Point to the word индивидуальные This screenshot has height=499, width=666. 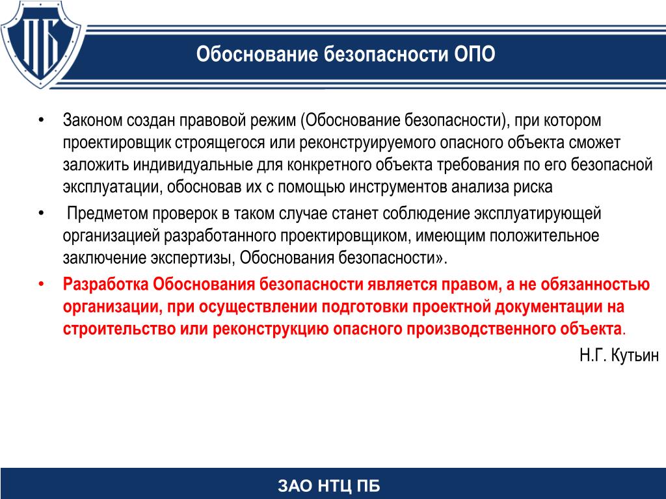193,165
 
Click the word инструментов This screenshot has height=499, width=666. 399,187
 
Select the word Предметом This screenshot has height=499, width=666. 107,213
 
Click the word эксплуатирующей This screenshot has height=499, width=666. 537,214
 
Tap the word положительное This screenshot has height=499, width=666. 544,235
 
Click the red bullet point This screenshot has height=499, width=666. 41,284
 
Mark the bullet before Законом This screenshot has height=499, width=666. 41,120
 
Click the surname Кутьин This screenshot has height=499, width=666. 635,355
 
